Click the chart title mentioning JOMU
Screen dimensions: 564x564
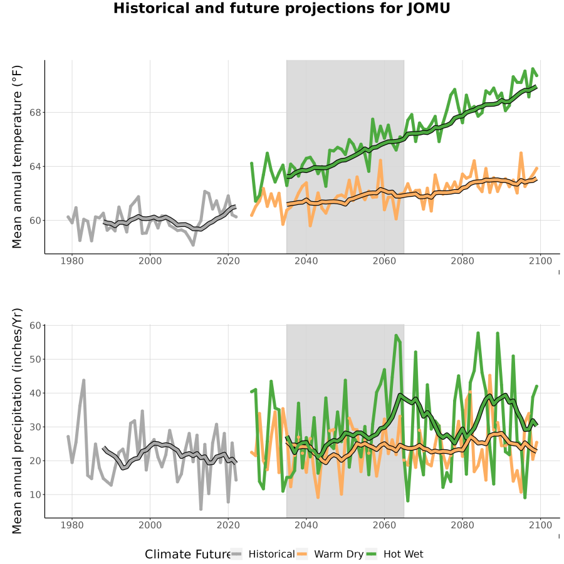click(281, 9)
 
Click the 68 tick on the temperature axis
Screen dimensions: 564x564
click(35, 113)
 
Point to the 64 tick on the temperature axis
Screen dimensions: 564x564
click(35, 167)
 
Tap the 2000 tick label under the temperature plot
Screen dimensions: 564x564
click(150, 261)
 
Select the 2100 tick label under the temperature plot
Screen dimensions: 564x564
click(540, 261)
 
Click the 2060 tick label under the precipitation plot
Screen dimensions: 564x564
click(384, 526)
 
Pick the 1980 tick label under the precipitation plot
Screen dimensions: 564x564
click(72, 526)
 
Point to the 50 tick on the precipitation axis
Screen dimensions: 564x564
click(35, 359)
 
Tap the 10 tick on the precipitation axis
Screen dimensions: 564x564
click(35, 494)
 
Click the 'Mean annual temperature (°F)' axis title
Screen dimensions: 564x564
click(17, 157)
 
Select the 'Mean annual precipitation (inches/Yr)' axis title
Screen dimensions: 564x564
click(17, 421)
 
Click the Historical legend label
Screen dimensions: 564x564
click(271, 555)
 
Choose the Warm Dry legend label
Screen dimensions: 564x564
click(339, 555)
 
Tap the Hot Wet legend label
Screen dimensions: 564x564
click(404, 555)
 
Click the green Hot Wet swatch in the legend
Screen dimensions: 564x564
click(371, 555)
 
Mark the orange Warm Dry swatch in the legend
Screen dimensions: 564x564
click(302, 555)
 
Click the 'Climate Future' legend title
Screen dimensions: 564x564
click(188, 555)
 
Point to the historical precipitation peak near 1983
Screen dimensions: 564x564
click(84, 380)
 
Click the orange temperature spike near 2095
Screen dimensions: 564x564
click(521, 154)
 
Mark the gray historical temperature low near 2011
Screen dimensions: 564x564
click(193, 245)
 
